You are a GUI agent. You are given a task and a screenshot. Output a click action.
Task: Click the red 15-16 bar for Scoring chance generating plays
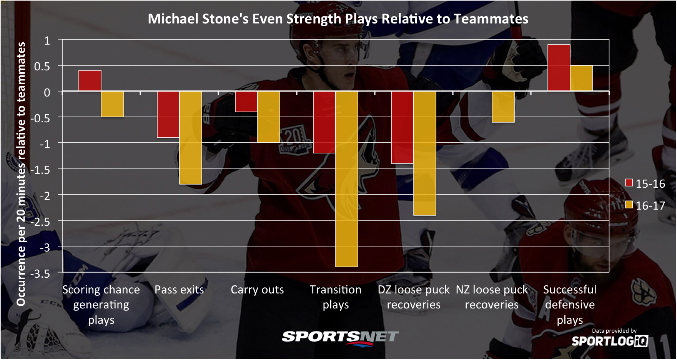tap(90, 81)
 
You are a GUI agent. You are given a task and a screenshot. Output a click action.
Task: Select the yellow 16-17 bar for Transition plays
tap(347, 179)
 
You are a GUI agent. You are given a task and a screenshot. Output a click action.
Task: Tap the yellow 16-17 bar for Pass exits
tap(191, 138)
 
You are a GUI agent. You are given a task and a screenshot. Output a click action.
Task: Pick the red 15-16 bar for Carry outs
tap(246, 102)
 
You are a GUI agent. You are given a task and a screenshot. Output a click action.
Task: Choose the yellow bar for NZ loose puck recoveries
tap(503, 107)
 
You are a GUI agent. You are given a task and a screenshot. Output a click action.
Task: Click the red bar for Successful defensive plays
tap(559, 68)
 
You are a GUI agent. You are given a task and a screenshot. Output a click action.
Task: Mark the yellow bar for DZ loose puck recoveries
tap(425, 153)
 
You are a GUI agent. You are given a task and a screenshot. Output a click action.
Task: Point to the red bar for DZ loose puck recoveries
tap(403, 128)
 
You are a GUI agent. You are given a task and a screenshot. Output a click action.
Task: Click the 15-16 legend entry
tap(645, 183)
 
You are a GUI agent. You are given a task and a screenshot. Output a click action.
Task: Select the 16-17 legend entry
tap(645, 205)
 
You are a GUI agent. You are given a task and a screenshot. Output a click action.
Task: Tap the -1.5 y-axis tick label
tap(40, 170)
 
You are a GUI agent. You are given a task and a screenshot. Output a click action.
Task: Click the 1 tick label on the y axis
tap(47, 40)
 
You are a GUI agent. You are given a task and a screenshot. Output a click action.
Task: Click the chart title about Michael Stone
tap(338, 19)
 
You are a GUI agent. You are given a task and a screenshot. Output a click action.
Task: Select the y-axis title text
tap(21, 174)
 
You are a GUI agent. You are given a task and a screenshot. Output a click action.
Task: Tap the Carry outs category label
tap(257, 290)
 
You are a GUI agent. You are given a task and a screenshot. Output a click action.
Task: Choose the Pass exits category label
tap(179, 290)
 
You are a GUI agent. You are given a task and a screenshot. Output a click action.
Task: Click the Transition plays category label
tap(336, 297)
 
